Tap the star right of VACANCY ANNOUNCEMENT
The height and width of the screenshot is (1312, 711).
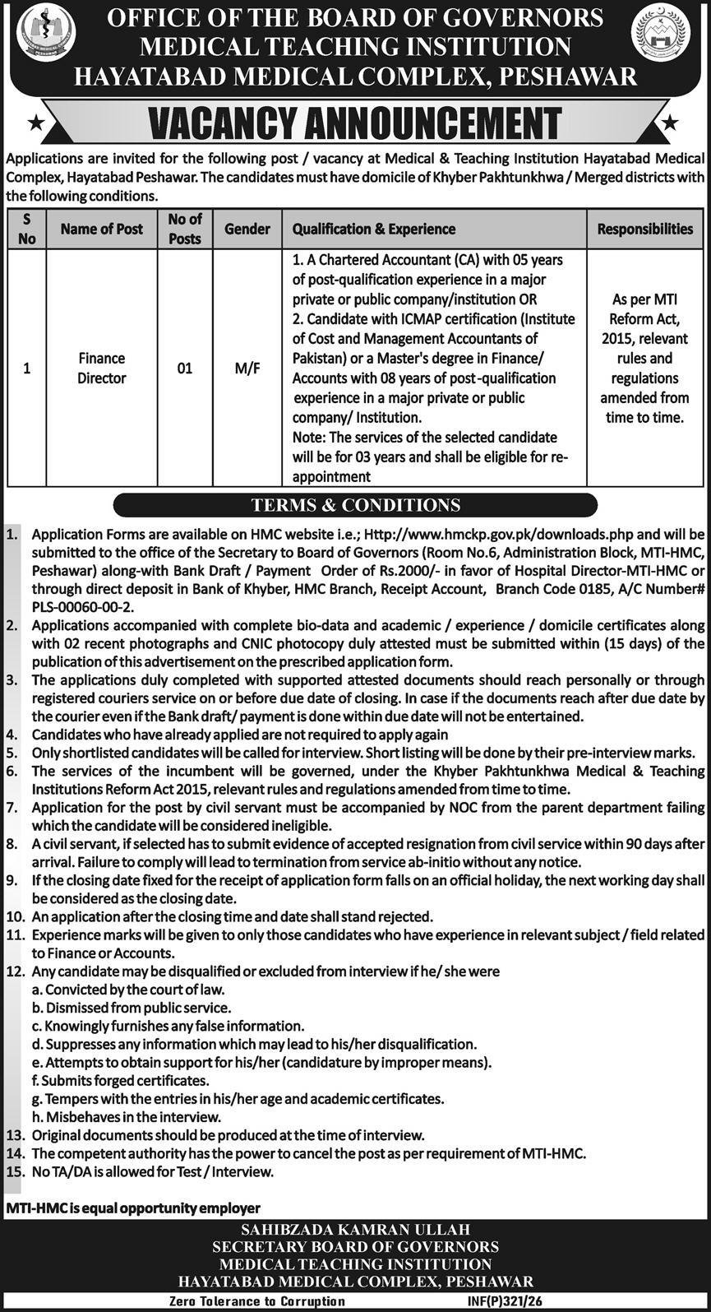pos(671,123)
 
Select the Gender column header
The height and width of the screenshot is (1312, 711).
pos(247,229)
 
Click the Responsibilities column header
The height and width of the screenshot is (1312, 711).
pos(644,229)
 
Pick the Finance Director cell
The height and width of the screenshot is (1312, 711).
pos(102,368)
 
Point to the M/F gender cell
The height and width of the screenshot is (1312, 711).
pos(247,368)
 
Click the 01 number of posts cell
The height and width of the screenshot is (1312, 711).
pos(184,368)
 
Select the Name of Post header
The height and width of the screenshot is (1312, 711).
pos(102,229)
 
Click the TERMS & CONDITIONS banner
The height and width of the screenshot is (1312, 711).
pos(355,505)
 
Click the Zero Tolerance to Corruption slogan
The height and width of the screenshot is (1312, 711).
pos(256,1301)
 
